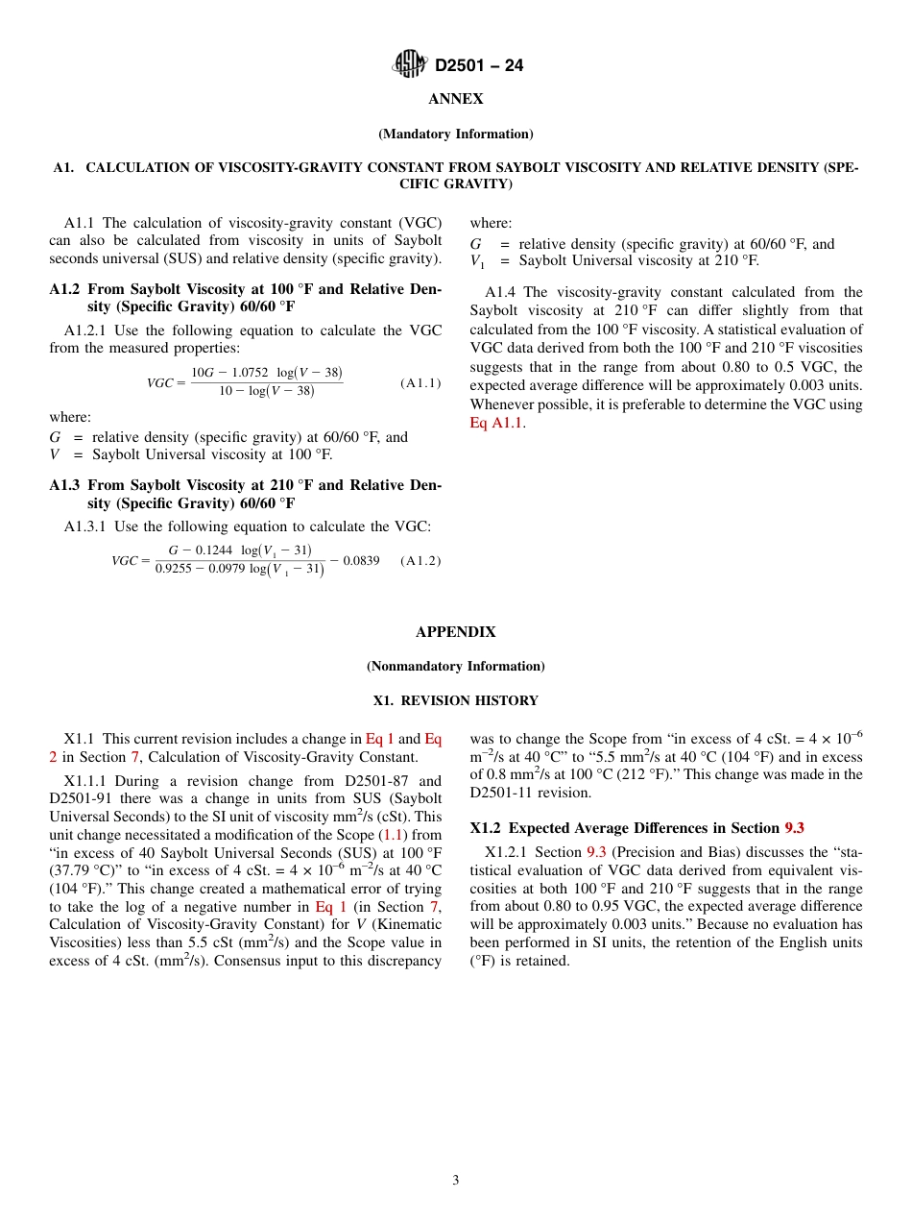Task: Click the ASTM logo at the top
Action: pos(409,65)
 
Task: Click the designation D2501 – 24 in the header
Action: pos(479,66)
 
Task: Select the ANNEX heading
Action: pos(455,99)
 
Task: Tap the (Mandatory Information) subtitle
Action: pos(455,134)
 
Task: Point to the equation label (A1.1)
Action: pos(420,383)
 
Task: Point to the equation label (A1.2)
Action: pos(420,561)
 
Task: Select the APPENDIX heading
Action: pos(455,632)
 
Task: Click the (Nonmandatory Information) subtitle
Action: pos(455,666)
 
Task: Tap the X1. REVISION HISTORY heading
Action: pos(455,700)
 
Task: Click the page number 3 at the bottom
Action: pos(455,1181)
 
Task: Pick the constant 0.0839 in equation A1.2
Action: pos(361,561)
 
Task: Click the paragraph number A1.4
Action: pos(502,292)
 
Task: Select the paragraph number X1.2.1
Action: pos(506,852)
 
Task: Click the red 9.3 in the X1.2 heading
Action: pos(794,828)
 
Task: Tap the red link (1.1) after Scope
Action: pos(394,835)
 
